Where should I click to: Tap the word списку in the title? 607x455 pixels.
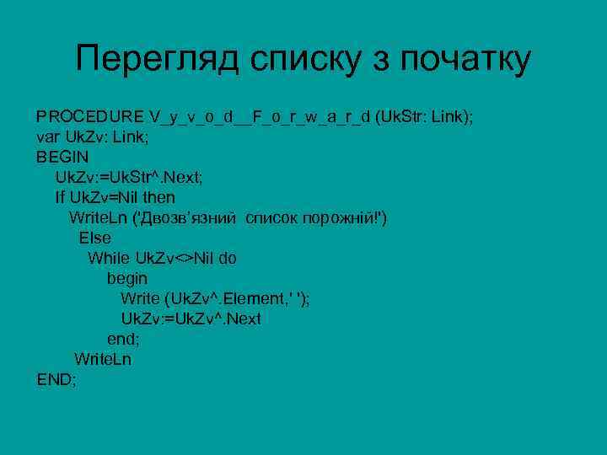click(x=305, y=59)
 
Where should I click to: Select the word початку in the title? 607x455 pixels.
click(x=465, y=59)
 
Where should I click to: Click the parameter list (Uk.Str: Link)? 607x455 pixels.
click(x=425, y=116)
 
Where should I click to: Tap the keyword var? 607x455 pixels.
click(x=48, y=136)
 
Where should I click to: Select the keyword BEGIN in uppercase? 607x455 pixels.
click(x=62, y=157)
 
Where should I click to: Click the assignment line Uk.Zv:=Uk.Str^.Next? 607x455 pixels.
click(x=129, y=177)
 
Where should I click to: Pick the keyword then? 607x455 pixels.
click(x=159, y=197)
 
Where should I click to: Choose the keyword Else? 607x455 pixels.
click(x=95, y=238)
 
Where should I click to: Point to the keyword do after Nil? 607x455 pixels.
click(x=228, y=258)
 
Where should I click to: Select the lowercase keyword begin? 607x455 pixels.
click(x=126, y=278)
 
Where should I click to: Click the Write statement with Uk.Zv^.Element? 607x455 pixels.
click(x=215, y=298)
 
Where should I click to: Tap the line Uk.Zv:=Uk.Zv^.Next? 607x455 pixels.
click(x=191, y=318)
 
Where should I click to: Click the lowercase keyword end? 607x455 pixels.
click(x=122, y=339)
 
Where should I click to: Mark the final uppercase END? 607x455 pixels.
click(x=56, y=379)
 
